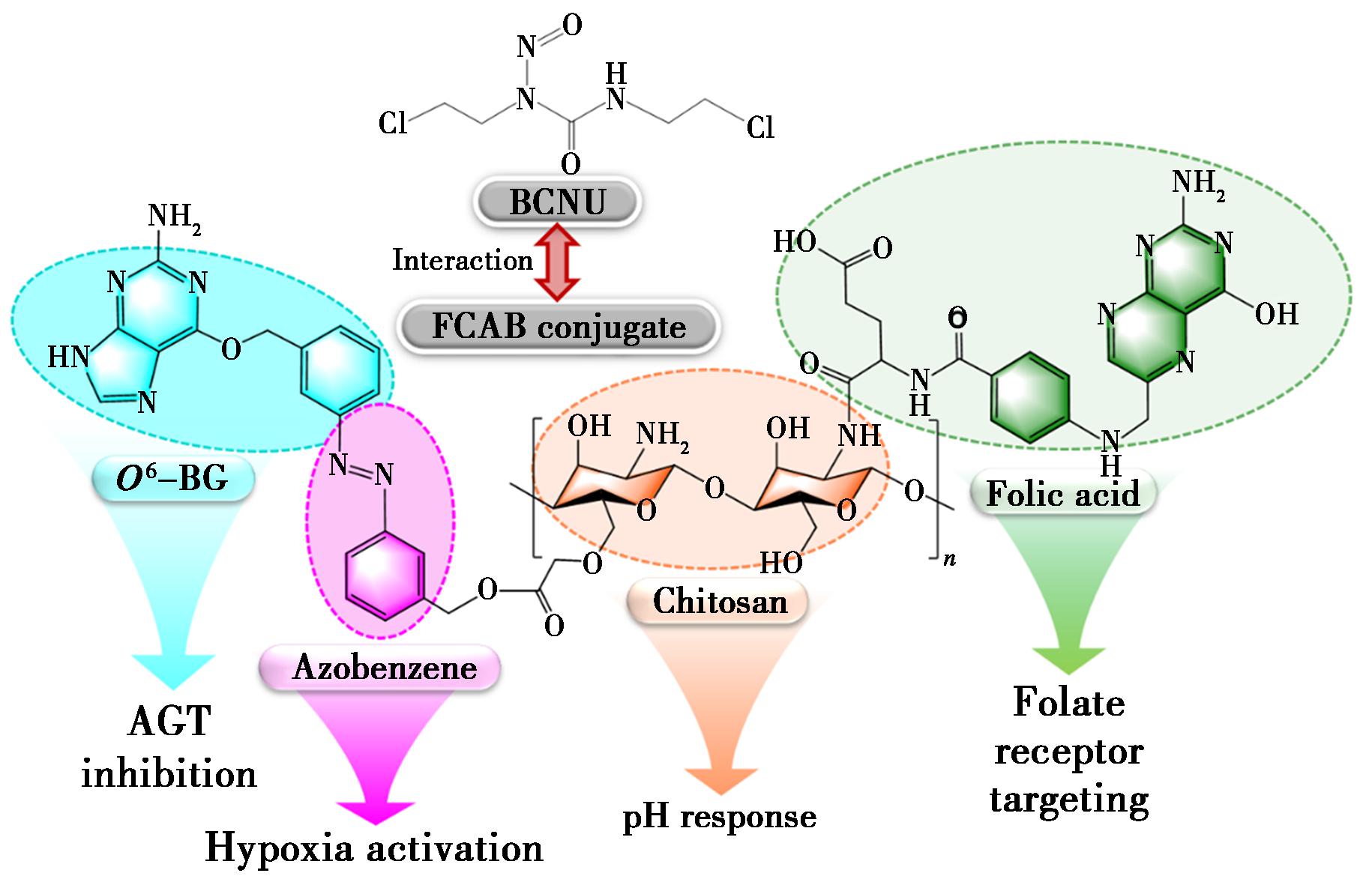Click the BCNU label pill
(557, 202)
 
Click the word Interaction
(463, 260)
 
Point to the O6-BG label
(173, 478)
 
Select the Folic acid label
(1063, 494)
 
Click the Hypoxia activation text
(374, 848)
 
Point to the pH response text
(720, 816)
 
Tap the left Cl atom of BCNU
(394, 123)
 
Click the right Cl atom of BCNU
(760, 127)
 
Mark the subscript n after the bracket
(950, 560)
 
